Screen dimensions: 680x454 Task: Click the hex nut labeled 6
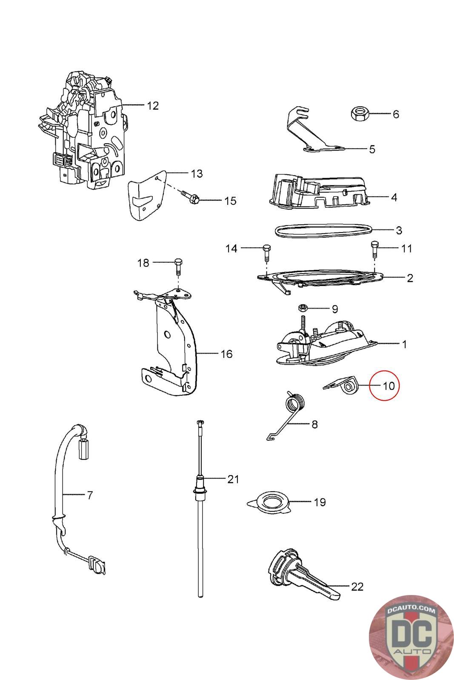coord(360,113)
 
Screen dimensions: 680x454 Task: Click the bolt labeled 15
coord(192,197)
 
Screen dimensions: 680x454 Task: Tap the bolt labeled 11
coord(374,249)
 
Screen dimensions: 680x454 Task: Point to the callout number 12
coord(152,105)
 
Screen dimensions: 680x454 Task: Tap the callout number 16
coord(226,354)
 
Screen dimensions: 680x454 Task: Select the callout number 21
coord(233,479)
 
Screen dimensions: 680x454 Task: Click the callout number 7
coord(89,495)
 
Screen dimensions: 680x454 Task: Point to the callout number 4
coord(394,197)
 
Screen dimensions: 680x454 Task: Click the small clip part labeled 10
coord(342,385)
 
